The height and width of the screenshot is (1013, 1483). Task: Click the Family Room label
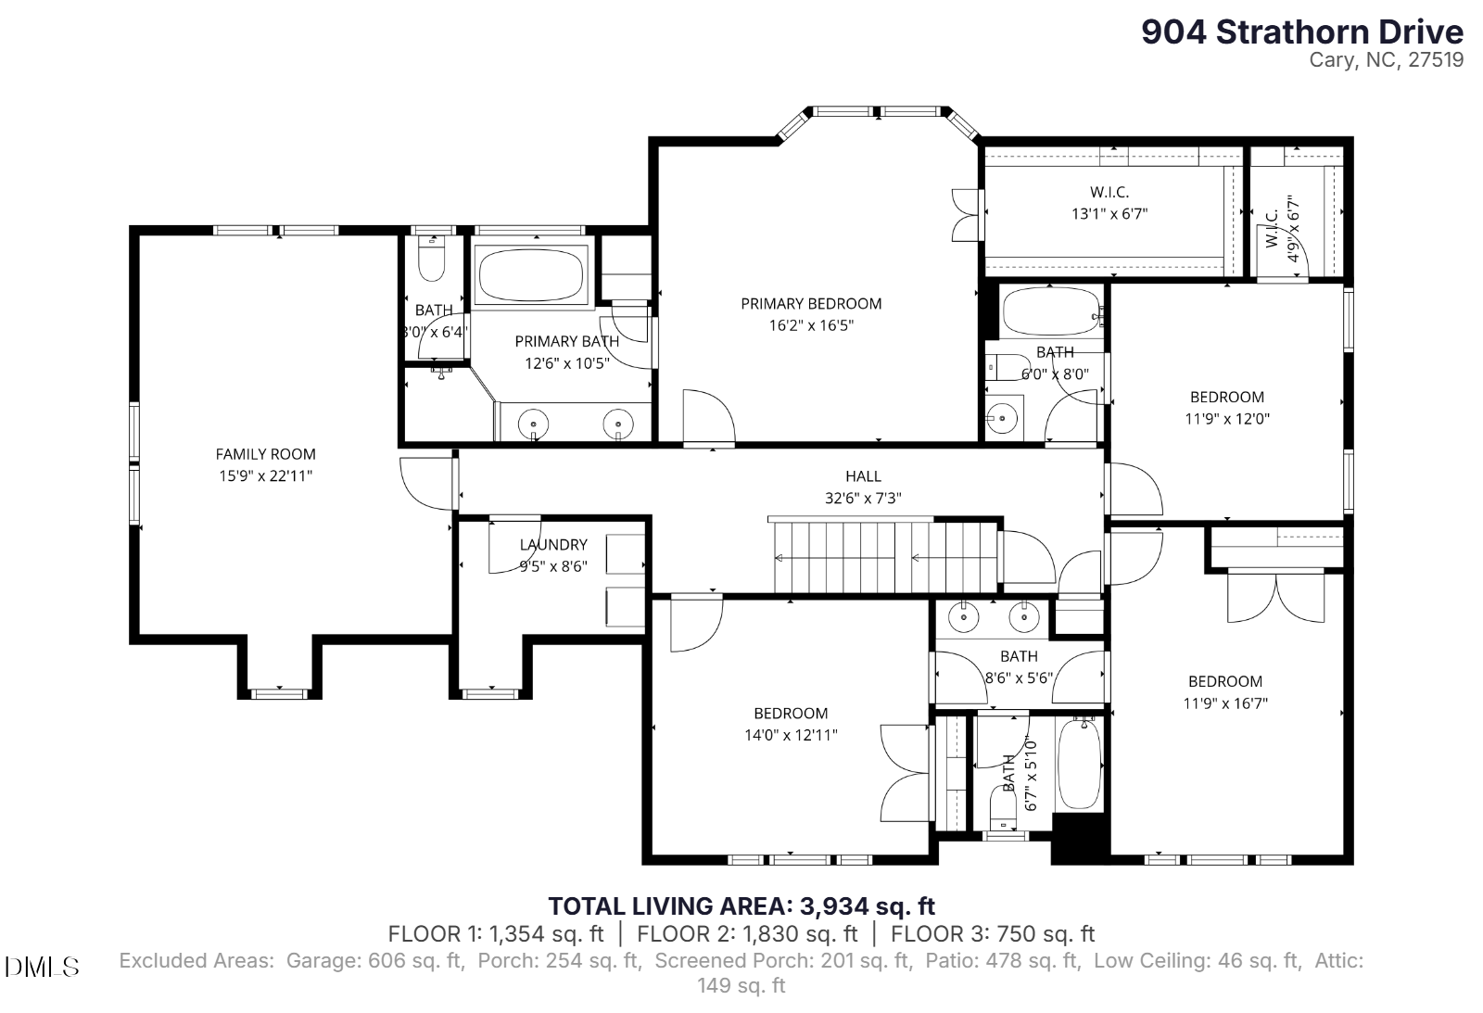point(265,454)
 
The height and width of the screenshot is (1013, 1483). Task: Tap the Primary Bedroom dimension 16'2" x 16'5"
point(811,325)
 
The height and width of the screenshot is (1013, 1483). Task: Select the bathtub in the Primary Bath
point(531,275)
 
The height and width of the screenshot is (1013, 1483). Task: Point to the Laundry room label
point(553,544)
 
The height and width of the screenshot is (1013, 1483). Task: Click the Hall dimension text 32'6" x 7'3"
point(863,498)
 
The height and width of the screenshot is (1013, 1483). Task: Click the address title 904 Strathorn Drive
point(1302,32)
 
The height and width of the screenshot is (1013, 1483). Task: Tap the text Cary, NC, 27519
point(1387,59)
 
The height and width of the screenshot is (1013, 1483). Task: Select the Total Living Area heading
point(741,905)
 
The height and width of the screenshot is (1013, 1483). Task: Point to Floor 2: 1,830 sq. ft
point(747,933)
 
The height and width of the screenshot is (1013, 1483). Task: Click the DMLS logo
point(42,968)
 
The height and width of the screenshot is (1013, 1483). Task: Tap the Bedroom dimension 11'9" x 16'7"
point(1225,703)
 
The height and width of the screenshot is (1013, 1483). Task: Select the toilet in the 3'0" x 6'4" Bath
point(432,259)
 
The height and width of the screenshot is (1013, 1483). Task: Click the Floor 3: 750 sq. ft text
point(993,933)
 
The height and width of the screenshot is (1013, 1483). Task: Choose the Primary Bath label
point(566,341)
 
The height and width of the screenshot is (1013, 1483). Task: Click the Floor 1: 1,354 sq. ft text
point(496,933)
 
